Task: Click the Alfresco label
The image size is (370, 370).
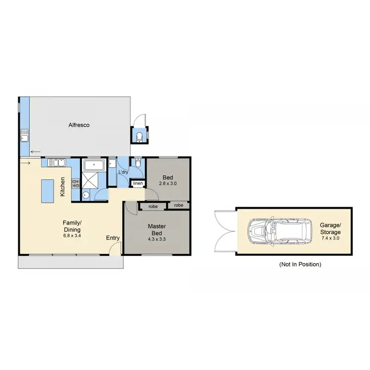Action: (x=79, y=125)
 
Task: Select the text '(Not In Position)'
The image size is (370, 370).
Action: (x=300, y=264)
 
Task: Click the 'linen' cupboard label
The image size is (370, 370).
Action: (x=138, y=184)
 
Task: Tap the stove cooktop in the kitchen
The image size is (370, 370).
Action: (x=76, y=184)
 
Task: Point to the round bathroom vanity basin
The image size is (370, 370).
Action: (x=86, y=194)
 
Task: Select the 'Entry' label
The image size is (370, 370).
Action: (x=113, y=238)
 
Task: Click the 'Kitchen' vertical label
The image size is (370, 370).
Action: (x=63, y=187)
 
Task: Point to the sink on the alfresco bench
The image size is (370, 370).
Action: (x=24, y=136)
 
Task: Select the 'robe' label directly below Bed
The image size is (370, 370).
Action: (x=178, y=205)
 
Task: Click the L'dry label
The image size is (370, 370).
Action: (x=123, y=172)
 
